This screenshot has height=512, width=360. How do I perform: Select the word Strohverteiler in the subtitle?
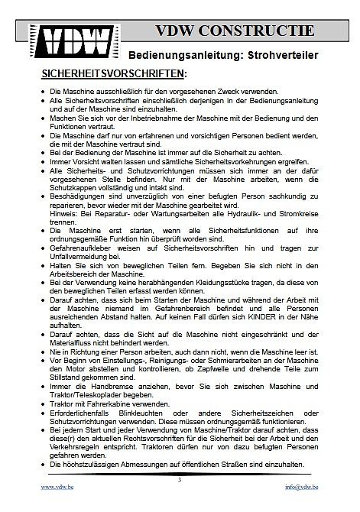284,56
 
